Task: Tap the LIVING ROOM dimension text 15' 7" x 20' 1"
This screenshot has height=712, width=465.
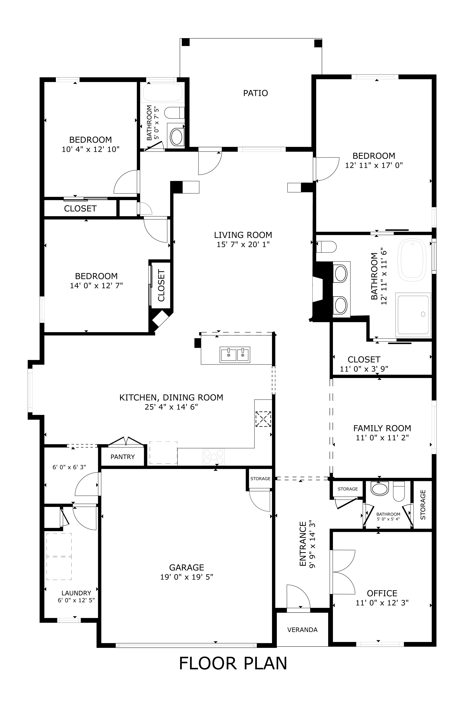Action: pos(243,244)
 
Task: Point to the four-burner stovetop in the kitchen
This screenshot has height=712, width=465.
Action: pos(213,457)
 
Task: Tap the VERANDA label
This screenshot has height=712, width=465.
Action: pos(302,630)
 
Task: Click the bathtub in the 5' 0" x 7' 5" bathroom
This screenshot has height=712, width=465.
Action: pos(162,93)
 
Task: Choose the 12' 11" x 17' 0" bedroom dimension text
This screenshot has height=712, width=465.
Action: pos(374,165)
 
